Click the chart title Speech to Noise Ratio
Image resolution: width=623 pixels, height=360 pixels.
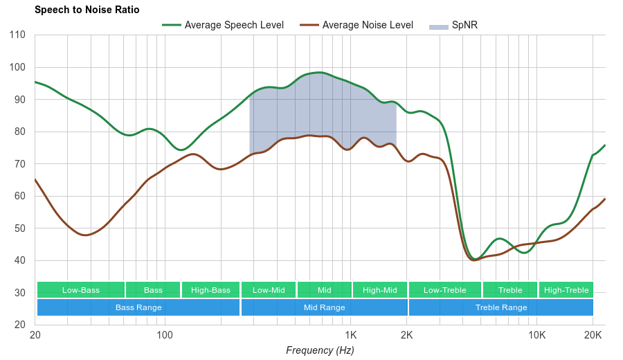pyautogui.click(x=87, y=10)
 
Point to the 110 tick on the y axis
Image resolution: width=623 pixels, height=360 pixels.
pyautogui.click(x=18, y=35)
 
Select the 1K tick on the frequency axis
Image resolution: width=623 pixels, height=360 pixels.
pyautogui.click(x=351, y=335)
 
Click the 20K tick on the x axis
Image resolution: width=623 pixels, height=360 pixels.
pyautogui.click(x=593, y=335)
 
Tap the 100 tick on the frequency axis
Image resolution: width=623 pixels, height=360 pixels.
pyautogui.click(x=165, y=335)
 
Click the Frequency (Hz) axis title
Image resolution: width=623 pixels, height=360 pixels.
pyautogui.click(x=320, y=350)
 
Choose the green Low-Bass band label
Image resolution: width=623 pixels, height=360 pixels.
pyautogui.click(x=81, y=290)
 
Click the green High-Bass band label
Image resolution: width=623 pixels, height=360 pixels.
pyautogui.click(x=210, y=290)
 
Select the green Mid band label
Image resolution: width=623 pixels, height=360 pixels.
pyautogui.click(x=324, y=290)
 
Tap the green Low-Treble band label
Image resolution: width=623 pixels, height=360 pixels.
pyautogui.click(x=444, y=290)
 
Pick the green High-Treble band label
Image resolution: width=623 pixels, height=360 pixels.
pyautogui.click(x=566, y=290)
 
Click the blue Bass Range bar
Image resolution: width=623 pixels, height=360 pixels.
pyautogui.click(x=138, y=307)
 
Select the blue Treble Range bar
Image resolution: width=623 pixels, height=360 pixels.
pyautogui.click(x=501, y=307)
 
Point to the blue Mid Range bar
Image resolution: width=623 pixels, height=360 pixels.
pyautogui.click(x=324, y=307)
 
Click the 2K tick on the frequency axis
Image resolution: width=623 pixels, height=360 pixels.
pyautogui.click(x=407, y=335)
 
